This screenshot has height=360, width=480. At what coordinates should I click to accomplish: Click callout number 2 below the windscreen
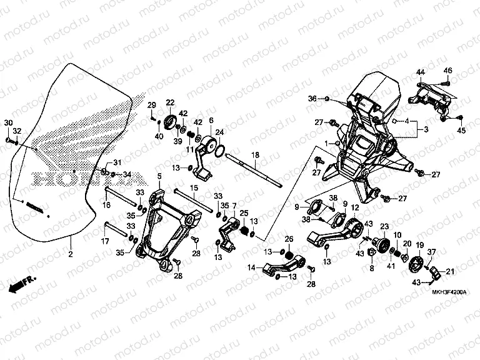point(71,254)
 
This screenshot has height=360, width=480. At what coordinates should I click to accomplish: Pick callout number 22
point(170,102)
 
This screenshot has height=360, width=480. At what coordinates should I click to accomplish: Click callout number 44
point(421,72)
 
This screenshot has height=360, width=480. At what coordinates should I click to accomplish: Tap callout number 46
point(447,69)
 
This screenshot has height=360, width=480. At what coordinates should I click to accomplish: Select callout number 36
point(312,99)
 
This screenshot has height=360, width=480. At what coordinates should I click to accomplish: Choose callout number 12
point(355,208)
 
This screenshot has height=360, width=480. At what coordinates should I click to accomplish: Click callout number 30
point(8,121)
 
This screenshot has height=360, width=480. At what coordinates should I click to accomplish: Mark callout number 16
point(107,204)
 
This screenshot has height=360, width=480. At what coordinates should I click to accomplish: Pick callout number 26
point(289,239)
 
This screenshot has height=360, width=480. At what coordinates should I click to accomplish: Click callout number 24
point(219,132)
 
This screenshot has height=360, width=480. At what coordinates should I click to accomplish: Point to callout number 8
point(371,267)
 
